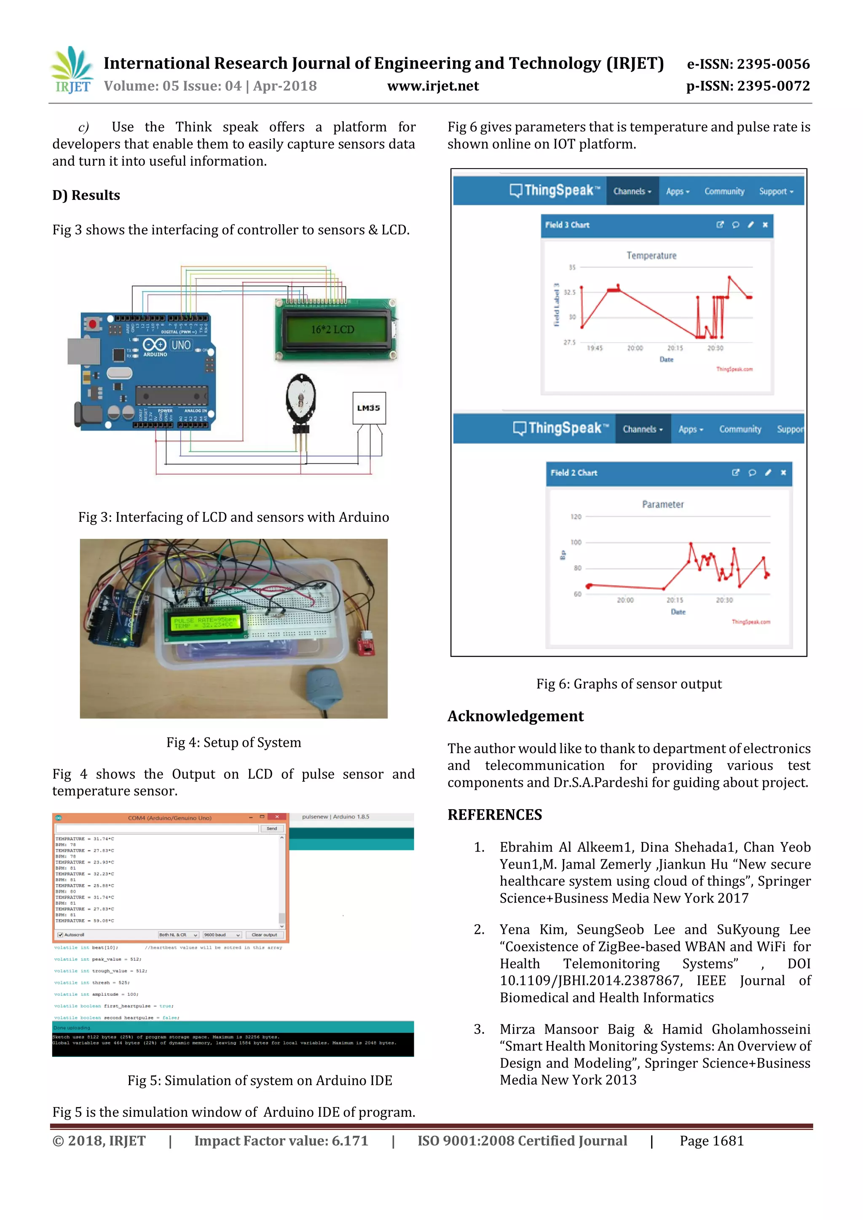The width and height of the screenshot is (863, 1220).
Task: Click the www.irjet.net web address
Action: tap(433, 86)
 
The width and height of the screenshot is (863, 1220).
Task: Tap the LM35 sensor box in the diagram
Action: tap(369, 408)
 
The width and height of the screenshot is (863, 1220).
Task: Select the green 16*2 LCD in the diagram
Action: tap(335, 330)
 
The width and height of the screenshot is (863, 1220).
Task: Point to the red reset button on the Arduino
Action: tap(94, 323)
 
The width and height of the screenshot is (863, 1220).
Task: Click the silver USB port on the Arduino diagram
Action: tap(83, 351)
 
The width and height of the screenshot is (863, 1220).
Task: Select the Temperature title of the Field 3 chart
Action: tap(651, 255)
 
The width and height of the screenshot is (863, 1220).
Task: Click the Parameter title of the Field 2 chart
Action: tap(663, 504)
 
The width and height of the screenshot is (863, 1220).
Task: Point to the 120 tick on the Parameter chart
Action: tap(576, 517)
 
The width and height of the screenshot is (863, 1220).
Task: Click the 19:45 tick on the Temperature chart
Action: tap(595, 348)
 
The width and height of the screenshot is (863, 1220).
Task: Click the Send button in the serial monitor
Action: tap(271, 829)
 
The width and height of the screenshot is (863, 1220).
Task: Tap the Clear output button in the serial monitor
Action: tap(264, 935)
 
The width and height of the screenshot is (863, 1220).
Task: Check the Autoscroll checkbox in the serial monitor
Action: tap(60, 935)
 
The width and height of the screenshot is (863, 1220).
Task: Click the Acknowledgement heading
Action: tap(515, 716)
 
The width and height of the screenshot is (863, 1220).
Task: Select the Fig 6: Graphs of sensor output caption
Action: tap(629, 684)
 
